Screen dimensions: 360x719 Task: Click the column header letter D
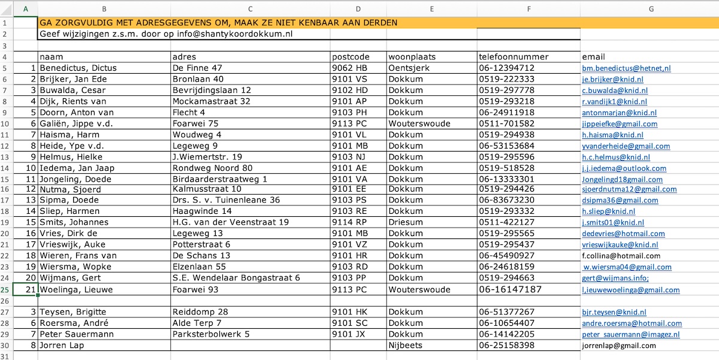[358, 8]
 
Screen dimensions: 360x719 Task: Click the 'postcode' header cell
[347, 57]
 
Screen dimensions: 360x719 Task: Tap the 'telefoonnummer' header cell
[513, 57]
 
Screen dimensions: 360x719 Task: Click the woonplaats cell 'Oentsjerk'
[409, 68]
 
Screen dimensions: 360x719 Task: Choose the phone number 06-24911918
[507, 112]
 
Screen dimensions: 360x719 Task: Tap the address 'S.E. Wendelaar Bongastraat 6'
[236, 278]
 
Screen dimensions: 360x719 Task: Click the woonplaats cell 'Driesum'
[406, 222]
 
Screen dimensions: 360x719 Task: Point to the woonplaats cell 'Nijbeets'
[406, 346]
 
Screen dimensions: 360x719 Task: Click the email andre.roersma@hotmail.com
[632, 323]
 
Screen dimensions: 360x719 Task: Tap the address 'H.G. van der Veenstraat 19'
[231, 222]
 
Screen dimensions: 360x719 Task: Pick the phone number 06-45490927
[507, 256]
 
